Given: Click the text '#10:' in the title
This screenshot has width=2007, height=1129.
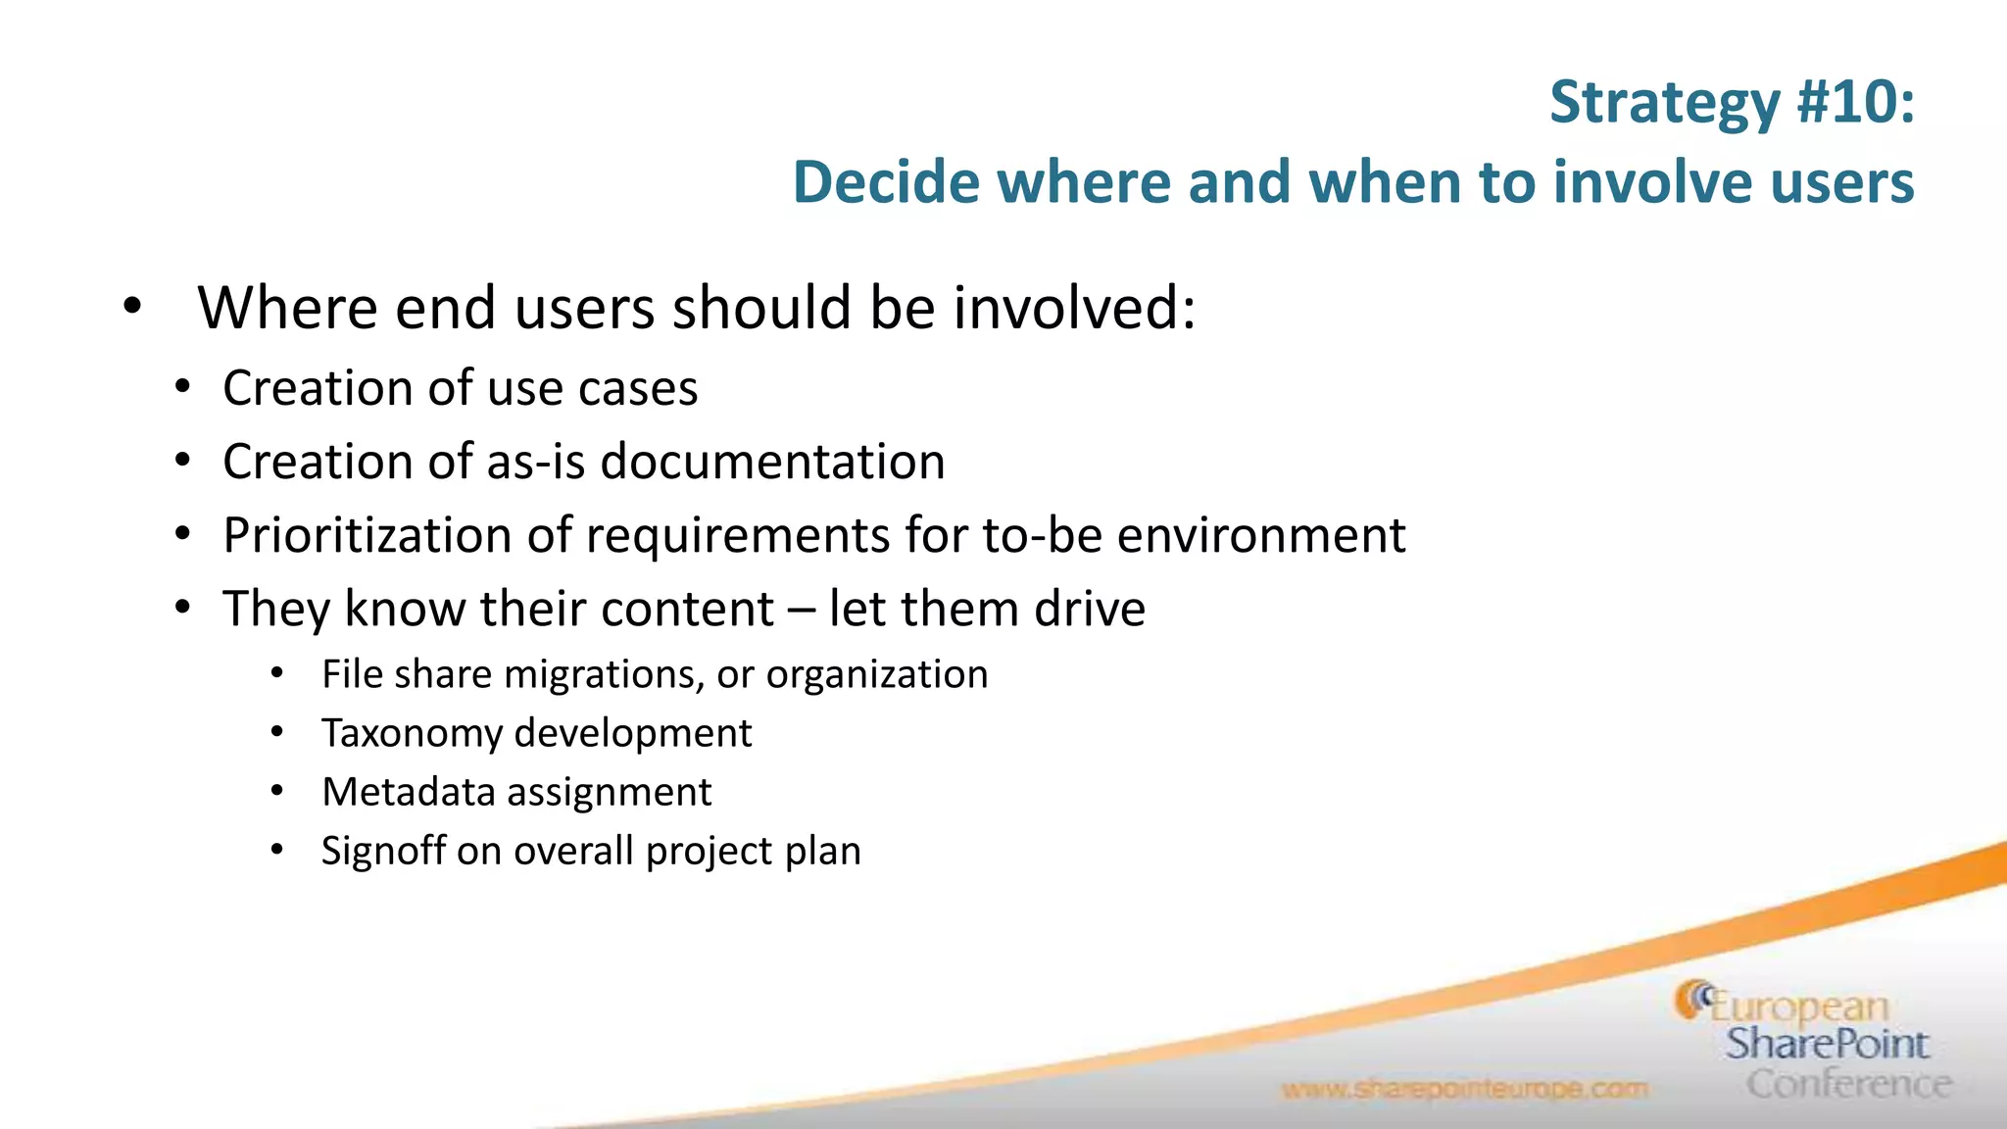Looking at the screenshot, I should click(1855, 102).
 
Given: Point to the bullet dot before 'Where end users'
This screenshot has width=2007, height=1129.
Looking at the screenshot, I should click(132, 308).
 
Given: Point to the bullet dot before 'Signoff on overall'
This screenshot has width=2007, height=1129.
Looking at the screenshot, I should click(277, 851).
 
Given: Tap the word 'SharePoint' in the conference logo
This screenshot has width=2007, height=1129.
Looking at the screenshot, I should click(1827, 1045).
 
